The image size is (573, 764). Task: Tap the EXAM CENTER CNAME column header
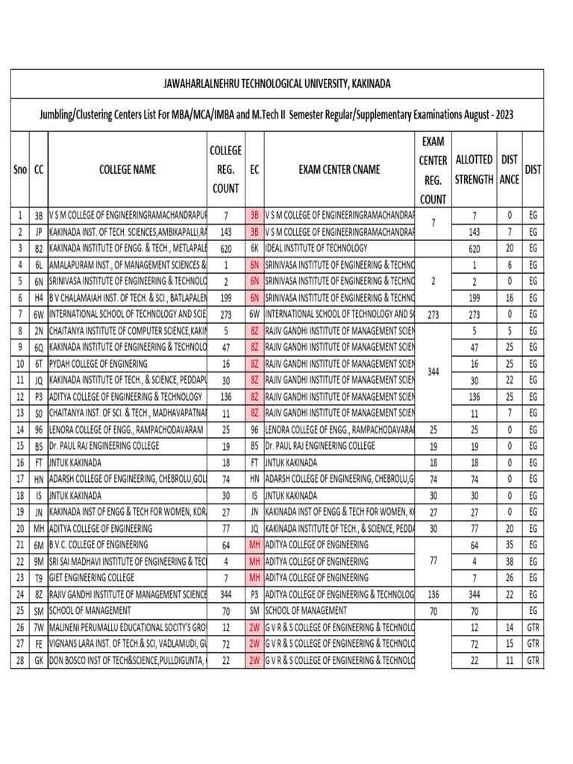(339, 170)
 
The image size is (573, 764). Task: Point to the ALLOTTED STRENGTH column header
(474, 170)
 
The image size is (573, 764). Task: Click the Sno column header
(20, 170)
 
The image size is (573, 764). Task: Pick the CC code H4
(38, 298)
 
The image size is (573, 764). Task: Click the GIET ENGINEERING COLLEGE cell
(92, 577)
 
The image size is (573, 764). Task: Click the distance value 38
(510, 561)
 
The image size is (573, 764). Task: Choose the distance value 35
(510, 545)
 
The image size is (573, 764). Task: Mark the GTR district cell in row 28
(533, 661)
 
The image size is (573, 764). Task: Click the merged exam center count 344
(433, 371)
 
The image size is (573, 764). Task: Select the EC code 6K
(254, 248)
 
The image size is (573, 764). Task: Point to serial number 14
(20, 429)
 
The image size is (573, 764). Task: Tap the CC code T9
(38, 577)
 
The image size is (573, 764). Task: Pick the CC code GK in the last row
(38, 661)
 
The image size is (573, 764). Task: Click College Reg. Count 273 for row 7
(225, 314)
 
